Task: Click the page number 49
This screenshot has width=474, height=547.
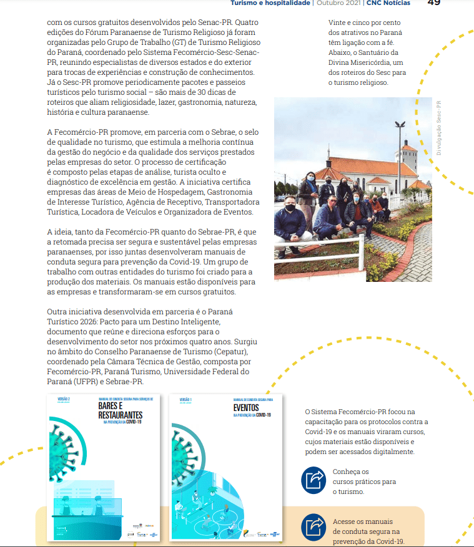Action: click(434, 3)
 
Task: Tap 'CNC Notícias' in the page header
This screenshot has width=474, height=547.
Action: click(388, 3)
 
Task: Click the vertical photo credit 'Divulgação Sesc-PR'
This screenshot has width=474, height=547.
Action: click(439, 128)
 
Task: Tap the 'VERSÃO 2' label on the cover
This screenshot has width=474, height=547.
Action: click(64, 399)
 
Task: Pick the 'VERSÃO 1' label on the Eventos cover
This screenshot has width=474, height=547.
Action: click(185, 399)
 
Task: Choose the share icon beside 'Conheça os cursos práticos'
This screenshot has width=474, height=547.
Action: click(314, 480)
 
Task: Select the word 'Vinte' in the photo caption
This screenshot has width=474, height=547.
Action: click(338, 22)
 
